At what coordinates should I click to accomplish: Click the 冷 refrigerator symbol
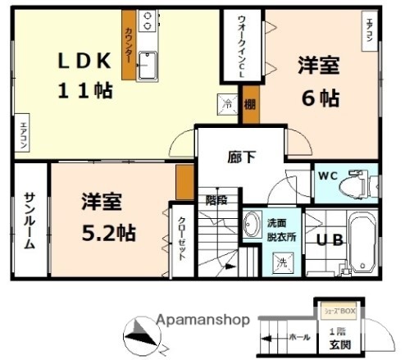(229, 103)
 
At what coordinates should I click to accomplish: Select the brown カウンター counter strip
(129, 45)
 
